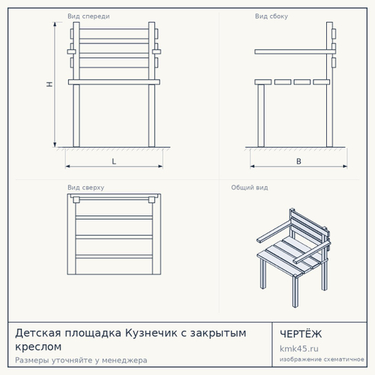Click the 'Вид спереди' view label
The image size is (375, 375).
coord(88,16)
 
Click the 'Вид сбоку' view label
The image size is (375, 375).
coord(271,16)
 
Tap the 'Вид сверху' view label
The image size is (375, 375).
coord(85,187)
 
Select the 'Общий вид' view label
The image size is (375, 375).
coord(250,187)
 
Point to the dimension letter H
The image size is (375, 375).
coord(49,84)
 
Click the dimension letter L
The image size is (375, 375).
coord(114,161)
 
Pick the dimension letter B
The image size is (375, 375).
coord(298,161)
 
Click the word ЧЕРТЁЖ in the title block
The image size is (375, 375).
coord(301,334)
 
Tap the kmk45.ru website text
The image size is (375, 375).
coord(299,349)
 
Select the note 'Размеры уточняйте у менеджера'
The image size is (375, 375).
coord(81,361)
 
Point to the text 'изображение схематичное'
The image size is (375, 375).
coord(322,359)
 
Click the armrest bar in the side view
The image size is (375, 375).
coord(295,52)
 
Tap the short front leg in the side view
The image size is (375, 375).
coord(261,115)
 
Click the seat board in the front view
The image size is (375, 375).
coord(114,82)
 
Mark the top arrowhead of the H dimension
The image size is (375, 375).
coord(55,24)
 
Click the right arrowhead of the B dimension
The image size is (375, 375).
coord(345,166)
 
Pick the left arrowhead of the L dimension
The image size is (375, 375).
coord(67,166)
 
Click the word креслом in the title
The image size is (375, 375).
coord(38,346)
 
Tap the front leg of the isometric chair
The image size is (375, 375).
coord(295,292)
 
